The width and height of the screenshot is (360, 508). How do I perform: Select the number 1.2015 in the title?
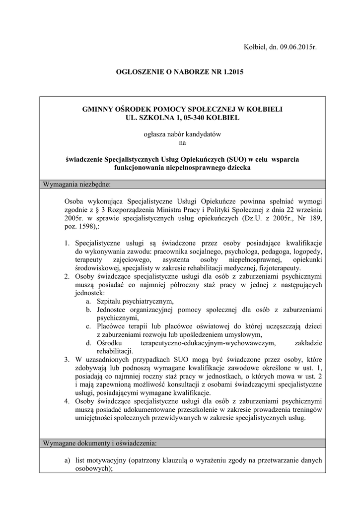pyautogui.click(x=231, y=72)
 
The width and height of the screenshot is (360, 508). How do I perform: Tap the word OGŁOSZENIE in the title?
pyautogui.click(x=141, y=72)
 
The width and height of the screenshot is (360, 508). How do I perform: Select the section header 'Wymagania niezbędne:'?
pyautogui.click(x=77, y=185)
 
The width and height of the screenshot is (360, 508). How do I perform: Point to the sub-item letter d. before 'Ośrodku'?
pyautogui.click(x=88, y=343)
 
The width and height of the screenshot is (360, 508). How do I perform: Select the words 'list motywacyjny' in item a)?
pyautogui.click(x=101, y=460)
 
